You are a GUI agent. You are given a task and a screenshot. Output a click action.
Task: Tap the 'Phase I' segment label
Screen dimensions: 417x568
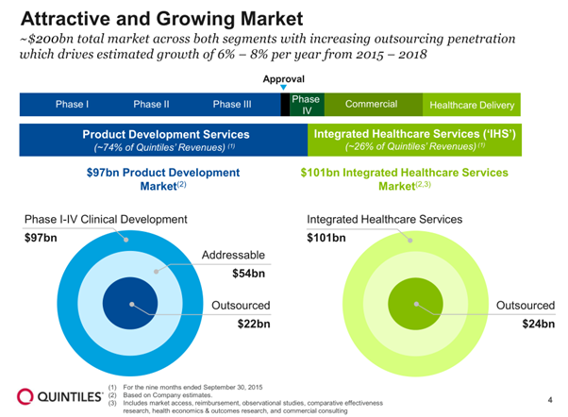click(72, 105)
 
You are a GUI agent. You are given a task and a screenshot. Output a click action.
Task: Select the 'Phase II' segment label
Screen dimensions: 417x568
click(151, 105)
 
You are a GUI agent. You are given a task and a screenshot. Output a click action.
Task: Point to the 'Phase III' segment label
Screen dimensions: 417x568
click(232, 105)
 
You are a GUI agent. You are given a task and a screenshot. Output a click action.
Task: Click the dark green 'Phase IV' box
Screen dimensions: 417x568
click(306, 105)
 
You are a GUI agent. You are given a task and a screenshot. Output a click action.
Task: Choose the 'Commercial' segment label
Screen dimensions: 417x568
click(371, 104)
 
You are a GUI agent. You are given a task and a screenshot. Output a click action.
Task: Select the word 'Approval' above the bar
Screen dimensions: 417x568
click(283, 78)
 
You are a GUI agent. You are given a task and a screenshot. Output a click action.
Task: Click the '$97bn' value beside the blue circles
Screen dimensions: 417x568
click(41, 238)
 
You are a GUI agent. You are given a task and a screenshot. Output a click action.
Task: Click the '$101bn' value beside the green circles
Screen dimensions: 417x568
click(326, 238)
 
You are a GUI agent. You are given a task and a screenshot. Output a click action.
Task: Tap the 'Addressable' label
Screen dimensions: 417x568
click(234, 256)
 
